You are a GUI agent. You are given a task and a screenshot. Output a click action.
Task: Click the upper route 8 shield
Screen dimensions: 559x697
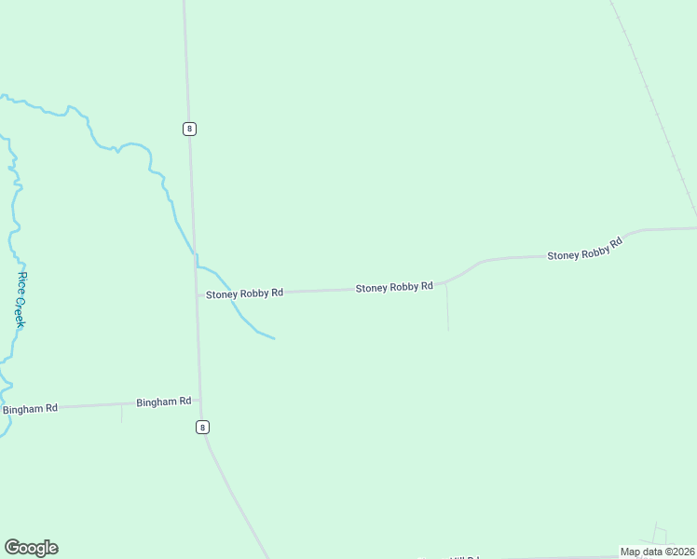point(190,129)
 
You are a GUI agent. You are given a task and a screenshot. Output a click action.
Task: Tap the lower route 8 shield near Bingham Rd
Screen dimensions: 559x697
point(202,427)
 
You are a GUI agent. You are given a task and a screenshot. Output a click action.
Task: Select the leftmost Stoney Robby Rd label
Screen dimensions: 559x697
point(244,293)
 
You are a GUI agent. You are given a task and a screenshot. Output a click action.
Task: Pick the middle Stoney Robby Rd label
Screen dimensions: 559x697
point(394,288)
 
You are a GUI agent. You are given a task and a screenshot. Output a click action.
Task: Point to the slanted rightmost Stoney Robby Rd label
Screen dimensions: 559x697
point(584,250)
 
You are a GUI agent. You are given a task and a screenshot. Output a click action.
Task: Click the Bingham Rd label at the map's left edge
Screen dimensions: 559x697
point(30,409)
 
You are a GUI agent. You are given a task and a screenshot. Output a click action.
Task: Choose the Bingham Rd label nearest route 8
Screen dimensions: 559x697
point(163,402)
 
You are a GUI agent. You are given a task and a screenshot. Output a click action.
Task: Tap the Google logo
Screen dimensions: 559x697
point(31,548)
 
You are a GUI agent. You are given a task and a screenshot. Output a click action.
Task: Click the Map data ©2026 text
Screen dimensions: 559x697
point(657,552)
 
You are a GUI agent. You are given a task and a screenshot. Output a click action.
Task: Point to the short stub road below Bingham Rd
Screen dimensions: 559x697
point(121,413)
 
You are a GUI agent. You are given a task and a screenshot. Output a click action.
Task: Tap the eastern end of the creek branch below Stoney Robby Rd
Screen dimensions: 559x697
point(273,338)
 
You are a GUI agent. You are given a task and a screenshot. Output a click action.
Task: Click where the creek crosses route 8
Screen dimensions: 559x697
point(195,252)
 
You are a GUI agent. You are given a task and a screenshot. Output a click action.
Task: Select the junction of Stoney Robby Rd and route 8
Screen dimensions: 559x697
point(197,294)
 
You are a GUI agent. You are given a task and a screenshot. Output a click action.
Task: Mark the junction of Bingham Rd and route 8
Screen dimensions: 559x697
point(199,401)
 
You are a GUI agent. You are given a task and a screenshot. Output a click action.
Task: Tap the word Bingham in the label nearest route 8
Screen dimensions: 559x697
point(156,402)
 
